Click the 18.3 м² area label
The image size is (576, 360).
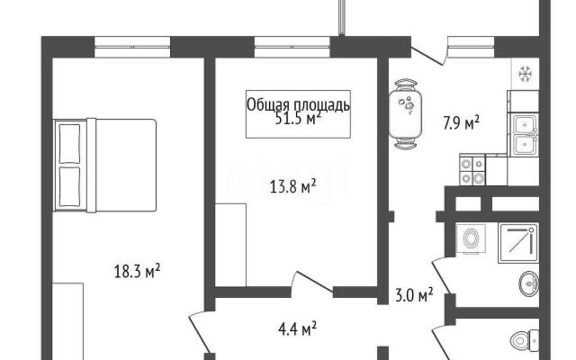[x=137, y=271]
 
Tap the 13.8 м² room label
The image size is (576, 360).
[x=293, y=186]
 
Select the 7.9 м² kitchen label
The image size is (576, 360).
[x=462, y=123]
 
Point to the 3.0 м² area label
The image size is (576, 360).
[x=414, y=294]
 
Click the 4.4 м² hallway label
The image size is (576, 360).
[x=298, y=328]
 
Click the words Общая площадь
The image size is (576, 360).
[x=298, y=104]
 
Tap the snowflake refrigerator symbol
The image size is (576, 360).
[x=526, y=74]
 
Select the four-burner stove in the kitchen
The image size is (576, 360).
[x=472, y=170]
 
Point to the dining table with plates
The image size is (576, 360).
[x=406, y=114]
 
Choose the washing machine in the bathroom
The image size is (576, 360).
[x=471, y=238]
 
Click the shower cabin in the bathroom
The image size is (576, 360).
[x=518, y=242]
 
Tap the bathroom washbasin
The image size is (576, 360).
[x=529, y=283]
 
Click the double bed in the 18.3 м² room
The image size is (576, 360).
[x=105, y=165]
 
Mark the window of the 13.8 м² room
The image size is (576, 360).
[x=292, y=47]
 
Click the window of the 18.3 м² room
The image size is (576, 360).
[x=132, y=47]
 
